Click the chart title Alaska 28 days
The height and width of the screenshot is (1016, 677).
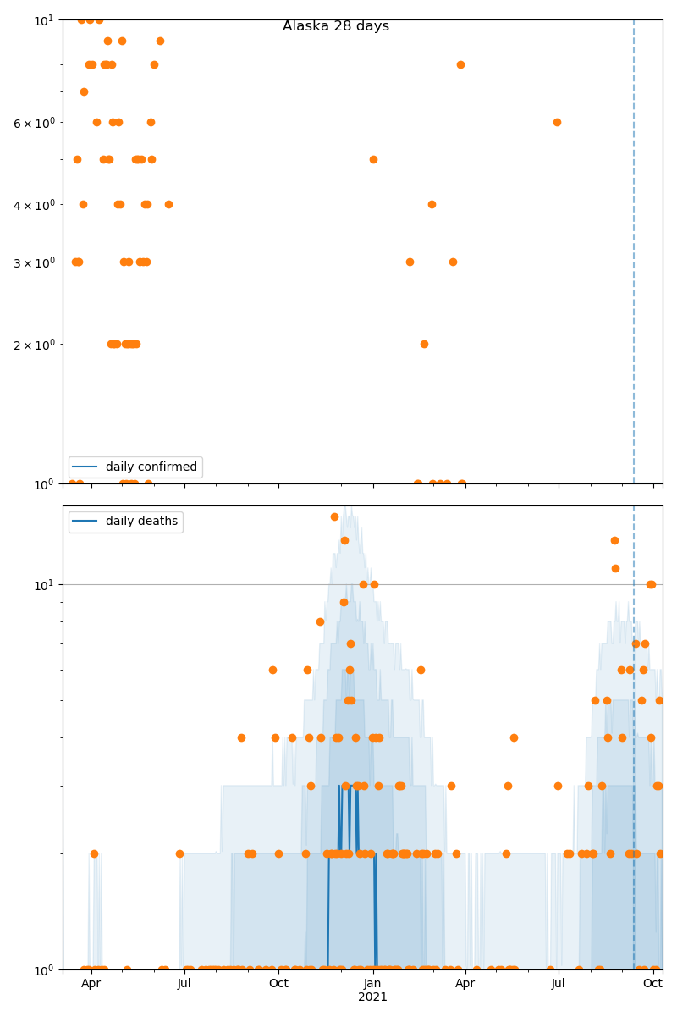point(336,26)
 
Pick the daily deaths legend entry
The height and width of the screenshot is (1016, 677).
point(141,522)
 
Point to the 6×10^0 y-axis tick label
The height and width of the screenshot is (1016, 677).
point(35,123)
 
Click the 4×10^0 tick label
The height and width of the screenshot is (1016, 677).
point(35,205)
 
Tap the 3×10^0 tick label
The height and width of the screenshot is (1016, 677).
point(35,262)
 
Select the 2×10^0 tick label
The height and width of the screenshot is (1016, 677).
point(35,345)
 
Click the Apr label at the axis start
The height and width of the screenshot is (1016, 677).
point(91,983)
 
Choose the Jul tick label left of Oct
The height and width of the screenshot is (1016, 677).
point(184,983)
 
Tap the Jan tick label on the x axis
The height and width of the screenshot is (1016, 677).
point(372,983)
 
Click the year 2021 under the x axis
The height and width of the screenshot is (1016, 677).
point(372,997)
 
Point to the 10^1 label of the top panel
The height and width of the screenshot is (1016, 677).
point(42,19)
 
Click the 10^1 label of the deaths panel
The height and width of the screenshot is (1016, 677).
point(42,584)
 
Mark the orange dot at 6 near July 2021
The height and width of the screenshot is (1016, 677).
point(557,122)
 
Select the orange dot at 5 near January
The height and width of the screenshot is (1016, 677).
point(373,159)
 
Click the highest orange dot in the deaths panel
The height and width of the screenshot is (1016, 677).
point(334,516)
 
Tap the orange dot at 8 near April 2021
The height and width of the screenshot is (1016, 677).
point(460,64)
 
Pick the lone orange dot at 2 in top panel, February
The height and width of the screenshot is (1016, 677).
point(424,344)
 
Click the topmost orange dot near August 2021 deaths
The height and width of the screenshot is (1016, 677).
point(614,540)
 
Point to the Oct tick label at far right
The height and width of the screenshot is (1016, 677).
point(652,983)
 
